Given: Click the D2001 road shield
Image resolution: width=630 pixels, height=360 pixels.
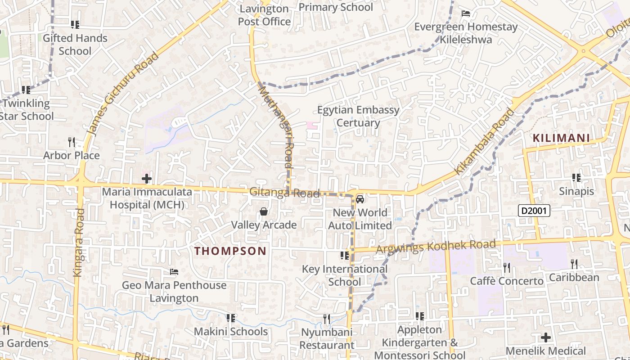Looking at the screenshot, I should coord(534,211).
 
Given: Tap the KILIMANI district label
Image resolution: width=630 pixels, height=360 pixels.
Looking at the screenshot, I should coord(561,138).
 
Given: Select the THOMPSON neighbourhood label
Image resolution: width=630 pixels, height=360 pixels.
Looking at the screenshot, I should coord(230,251).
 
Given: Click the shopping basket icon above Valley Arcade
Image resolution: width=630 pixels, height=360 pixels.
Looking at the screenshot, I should coord(264,211).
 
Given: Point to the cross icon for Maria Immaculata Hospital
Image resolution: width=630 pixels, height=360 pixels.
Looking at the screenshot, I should coord(146,179).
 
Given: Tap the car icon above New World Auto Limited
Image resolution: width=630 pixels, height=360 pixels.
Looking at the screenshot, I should coord(360,199).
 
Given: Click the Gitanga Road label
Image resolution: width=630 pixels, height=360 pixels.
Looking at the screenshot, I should coord(284,193).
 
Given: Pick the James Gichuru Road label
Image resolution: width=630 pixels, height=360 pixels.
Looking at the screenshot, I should coord(122,94).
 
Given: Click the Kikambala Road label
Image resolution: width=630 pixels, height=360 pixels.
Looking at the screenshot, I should coord(484,142).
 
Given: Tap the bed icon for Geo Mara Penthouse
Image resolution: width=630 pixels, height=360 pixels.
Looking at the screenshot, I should coord(174,272).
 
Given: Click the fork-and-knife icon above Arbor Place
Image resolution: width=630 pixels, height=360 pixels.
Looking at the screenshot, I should coord(71,142).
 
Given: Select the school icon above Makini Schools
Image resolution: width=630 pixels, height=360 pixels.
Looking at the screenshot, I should coord(231,319).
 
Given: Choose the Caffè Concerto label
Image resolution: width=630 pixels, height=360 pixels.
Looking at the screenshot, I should coord(507,281).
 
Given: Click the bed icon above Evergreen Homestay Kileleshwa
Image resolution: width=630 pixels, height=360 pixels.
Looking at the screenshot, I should coord(466,13).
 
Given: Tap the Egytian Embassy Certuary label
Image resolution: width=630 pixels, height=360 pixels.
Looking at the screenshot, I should coord(358,117).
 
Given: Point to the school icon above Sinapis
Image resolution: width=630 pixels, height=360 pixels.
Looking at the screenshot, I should coord(576,178).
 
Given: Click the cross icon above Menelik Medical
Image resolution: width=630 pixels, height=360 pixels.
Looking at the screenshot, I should coord(546,337).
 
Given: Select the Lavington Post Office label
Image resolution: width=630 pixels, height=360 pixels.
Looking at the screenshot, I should coord(264,15).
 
